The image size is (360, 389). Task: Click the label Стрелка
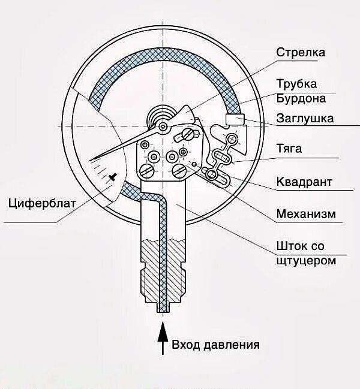[x=300, y=52]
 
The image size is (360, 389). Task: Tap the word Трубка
[x=296, y=83]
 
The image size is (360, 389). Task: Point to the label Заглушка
[x=305, y=118]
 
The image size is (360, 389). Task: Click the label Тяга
[x=289, y=148]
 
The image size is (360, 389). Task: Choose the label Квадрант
[x=304, y=181]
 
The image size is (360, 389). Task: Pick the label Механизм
[x=305, y=213]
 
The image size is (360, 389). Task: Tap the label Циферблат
[x=42, y=202]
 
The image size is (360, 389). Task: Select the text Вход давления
[x=215, y=345]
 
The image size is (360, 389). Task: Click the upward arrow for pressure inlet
[x=161, y=338]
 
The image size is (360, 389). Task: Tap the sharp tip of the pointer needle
[x=94, y=159]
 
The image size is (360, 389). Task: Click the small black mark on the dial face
[x=113, y=176]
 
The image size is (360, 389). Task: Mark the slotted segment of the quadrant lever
[x=217, y=175]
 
